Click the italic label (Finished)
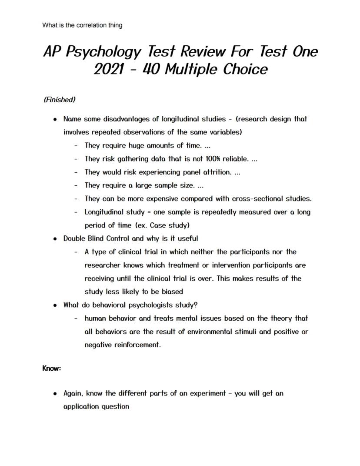pos(60,100)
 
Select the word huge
pos(137,145)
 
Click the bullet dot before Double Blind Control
pos(55,239)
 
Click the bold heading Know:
pos(52,369)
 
